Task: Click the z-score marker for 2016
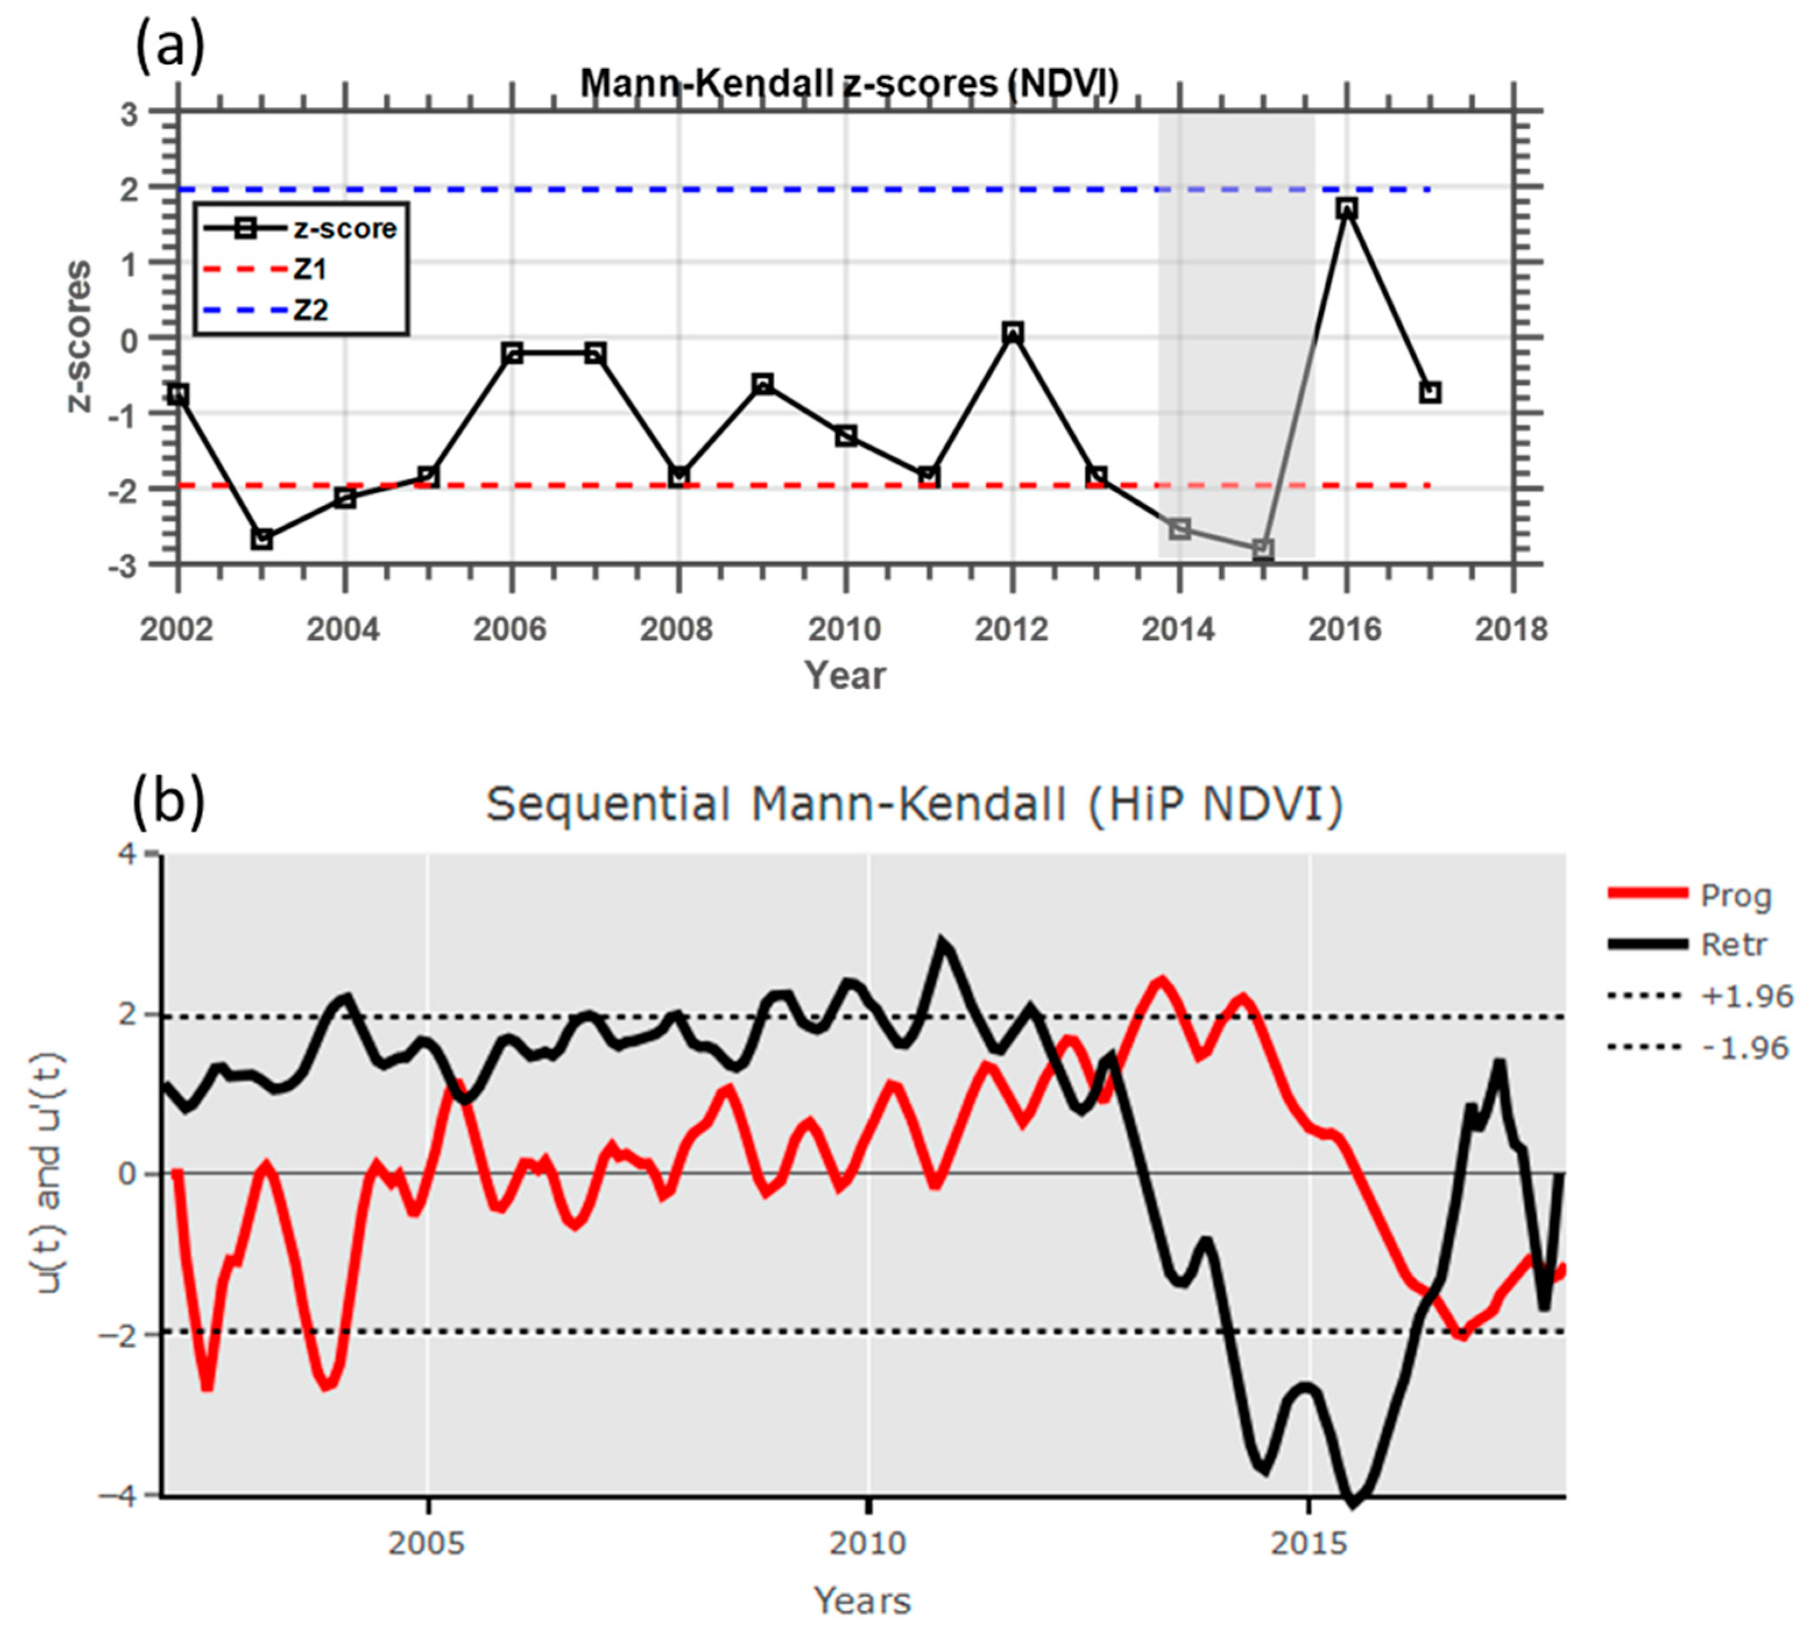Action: [1346, 208]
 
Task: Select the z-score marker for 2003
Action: [261, 539]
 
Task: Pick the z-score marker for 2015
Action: [1263, 549]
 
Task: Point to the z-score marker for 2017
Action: [1430, 392]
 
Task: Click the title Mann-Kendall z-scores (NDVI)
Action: [849, 83]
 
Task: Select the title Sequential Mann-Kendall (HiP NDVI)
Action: [914, 803]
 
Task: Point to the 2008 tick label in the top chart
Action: [676, 630]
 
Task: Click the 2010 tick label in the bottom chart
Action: [867, 1544]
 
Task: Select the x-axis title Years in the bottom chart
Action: [862, 1601]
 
